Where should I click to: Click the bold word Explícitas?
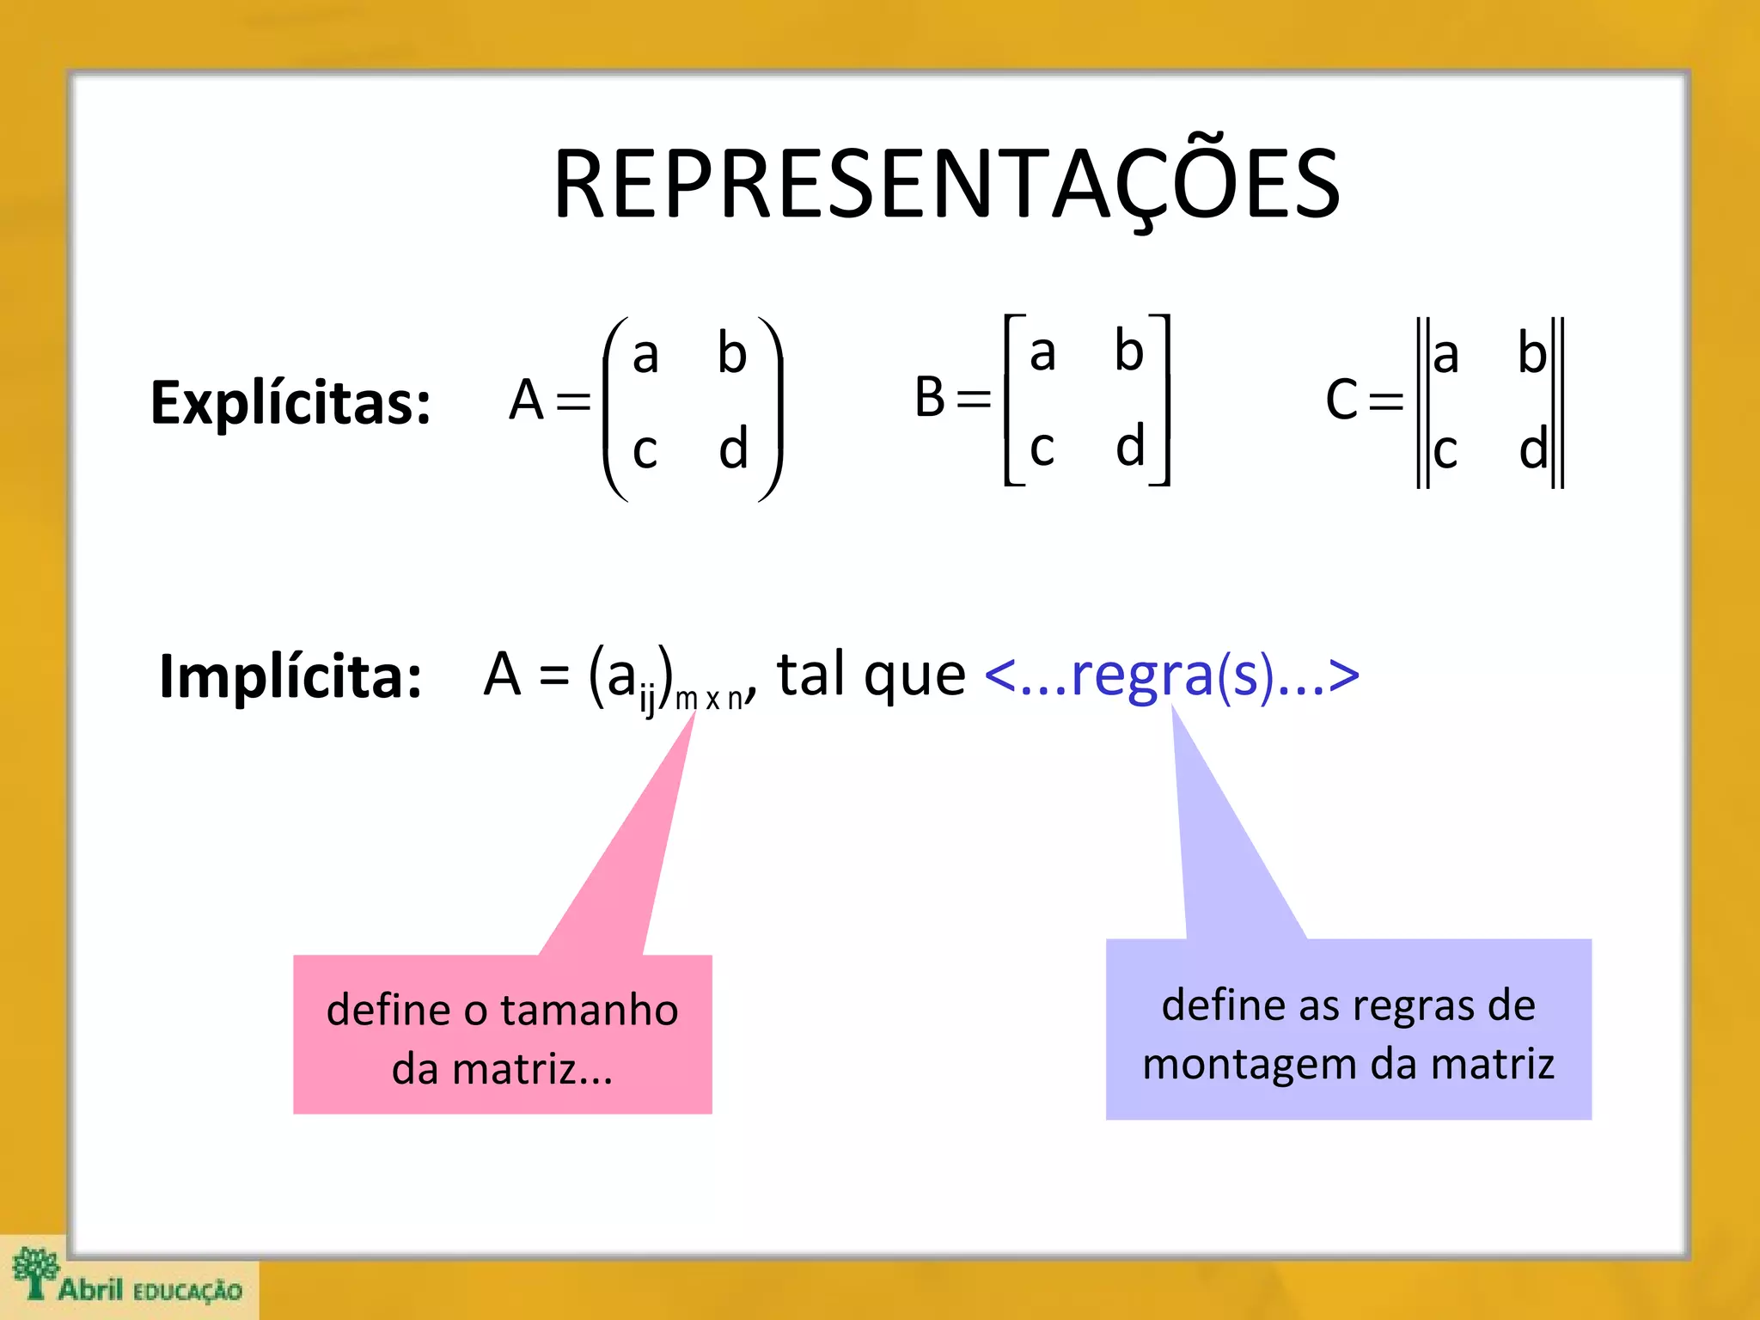(290, 402)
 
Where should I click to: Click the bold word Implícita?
(290, 676)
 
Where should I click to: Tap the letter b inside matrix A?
(732, 352)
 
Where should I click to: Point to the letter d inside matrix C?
(1532, 449)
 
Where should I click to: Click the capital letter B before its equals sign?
(930, 397)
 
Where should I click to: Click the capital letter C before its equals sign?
(1341, 400)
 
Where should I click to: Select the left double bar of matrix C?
(1422, 402)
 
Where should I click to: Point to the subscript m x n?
(709, 699)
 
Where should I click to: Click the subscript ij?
(647, 701)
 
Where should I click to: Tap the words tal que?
(871, 675)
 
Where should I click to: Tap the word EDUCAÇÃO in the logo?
(188, 1292)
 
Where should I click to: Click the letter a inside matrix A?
(645, 354)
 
